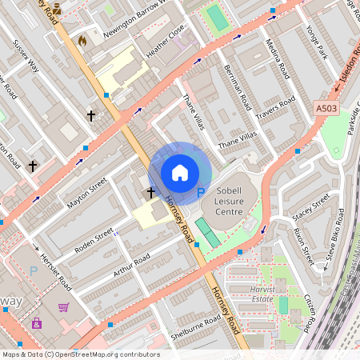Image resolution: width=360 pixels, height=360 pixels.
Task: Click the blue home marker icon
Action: (180, 173)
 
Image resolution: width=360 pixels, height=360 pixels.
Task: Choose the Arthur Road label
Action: (131, 265)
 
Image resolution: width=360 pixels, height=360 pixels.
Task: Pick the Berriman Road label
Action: (238, 88)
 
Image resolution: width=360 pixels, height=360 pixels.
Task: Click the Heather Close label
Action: (165, 40)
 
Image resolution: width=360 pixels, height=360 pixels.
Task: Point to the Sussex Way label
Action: (26, 59)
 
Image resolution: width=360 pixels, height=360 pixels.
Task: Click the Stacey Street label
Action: (310, 206)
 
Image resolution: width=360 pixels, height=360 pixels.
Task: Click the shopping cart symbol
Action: (63, 306)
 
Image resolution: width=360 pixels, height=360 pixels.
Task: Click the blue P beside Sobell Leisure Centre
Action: (201, 192)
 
